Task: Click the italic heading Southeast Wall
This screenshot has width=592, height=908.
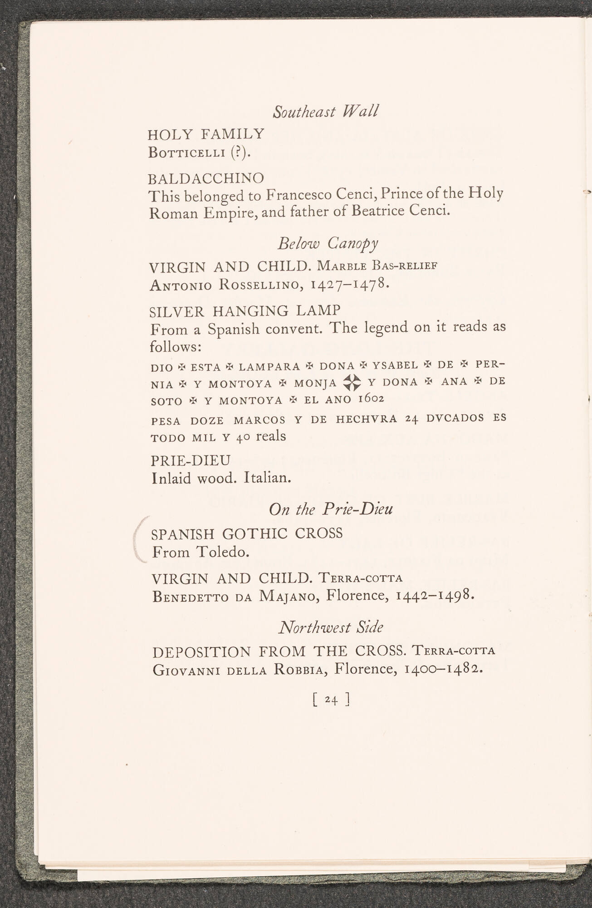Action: point(325,111)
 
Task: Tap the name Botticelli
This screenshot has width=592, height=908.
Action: point(187,152)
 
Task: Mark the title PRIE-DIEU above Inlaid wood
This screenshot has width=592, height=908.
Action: point(191,460)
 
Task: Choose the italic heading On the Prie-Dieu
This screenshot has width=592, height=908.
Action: point(331,509)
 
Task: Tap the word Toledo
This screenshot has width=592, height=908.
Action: point(223,552)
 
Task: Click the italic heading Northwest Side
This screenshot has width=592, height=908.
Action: point(331,627)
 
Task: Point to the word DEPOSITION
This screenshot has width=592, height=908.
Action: point(201,652)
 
